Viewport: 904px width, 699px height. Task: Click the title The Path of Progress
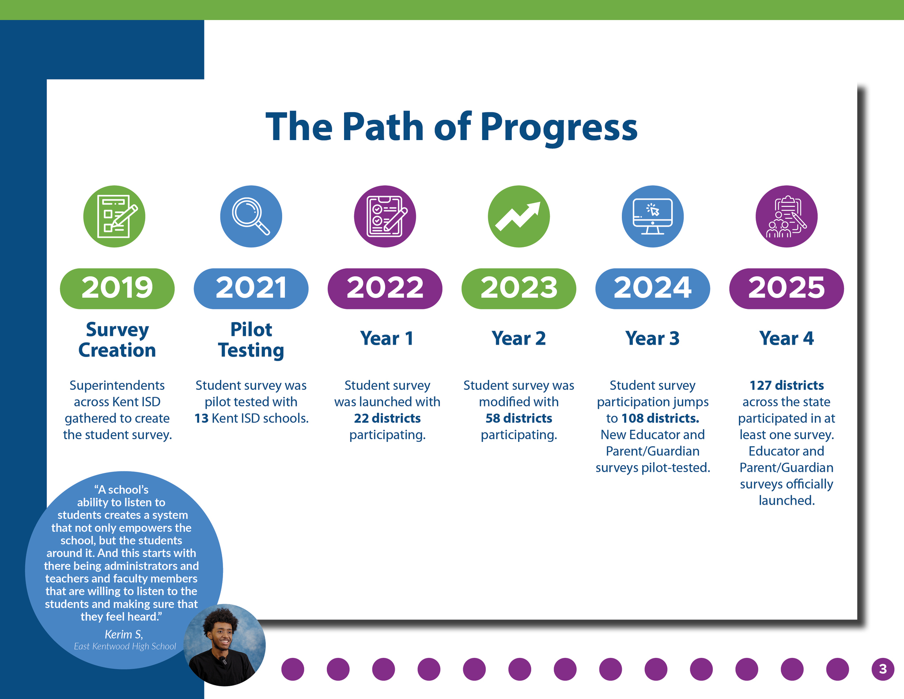pyautogui.click(x=451, y=127)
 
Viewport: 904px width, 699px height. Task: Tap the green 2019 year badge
pyautogui.click(x=117, y=289)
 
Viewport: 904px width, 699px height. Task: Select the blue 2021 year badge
pyautogui.click(x=251, y=289)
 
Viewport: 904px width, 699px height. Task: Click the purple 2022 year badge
pyautogui.click(x=385, y=289)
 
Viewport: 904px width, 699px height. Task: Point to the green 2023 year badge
pyautogui.click(x=519, y=289)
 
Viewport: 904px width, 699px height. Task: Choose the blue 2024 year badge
pyautogui.click(x=653, y=289)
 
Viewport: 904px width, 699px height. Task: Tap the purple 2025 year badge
pyautogui.click(x=787, y=289)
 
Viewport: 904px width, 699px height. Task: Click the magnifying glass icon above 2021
pyautogui.click(x=251, y=217)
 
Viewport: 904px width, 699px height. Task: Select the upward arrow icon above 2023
pyautogui.click(x=519, y=217)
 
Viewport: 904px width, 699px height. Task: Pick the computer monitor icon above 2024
pyautogui.click(x=653, y=217)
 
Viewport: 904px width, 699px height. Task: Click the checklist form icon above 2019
pyautogui.click(x=114, y=217)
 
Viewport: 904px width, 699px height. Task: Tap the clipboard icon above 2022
pyautogui.click(x=385, y=217)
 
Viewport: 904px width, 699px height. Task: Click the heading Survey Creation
pyautogui.click(x=117, y=340)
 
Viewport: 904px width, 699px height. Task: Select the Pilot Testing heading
pyautogui.click(x=251, y=340)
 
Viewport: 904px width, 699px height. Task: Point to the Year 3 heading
pyautogui.click(x=652, y=338)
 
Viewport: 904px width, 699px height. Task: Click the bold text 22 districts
pyautogui.click(x=387, y=418)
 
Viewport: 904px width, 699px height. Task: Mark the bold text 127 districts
pyautogui.click(x=787, y=385)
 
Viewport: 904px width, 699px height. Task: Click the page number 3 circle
pyautogui.click(x=883, y=669)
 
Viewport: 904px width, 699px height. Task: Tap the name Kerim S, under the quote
pyautogui.click(x=124, y=634)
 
